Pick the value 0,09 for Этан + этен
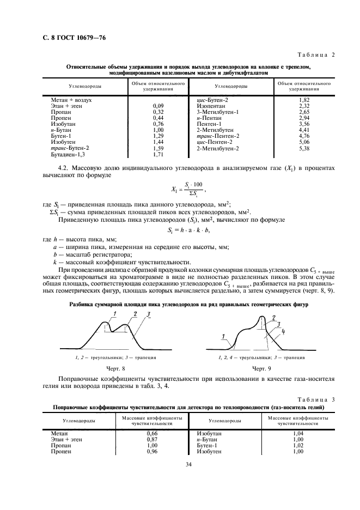158,106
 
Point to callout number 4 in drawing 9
285,331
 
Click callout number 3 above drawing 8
148,314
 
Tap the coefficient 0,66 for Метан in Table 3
144,433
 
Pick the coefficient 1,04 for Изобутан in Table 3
298,433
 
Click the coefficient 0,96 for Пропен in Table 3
144,452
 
